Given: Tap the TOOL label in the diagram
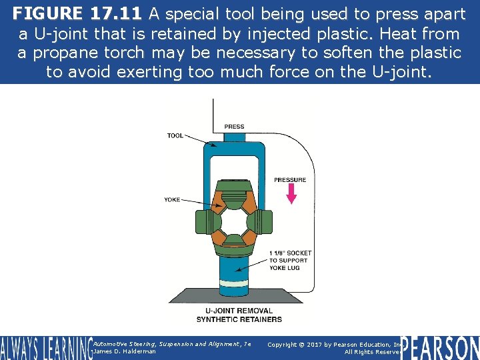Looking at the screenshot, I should click(x=175, y=136).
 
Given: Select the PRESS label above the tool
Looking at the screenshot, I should click(x=234, y=127).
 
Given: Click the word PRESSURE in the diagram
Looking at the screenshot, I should click(x=290, y=180).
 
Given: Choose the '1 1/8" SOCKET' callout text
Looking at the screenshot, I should click(x=290, y=253).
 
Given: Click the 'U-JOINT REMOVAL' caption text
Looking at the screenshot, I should click(x=239, y=311).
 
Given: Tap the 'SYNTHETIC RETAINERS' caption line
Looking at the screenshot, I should click(x=239, y=319).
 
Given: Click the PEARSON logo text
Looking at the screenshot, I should click(x=440, y=347).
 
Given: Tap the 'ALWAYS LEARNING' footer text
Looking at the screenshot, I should click(x=45, y=348).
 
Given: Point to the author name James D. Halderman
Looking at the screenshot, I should click(x=125, y=351).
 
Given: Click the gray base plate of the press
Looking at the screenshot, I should click(x=233, y=297).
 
